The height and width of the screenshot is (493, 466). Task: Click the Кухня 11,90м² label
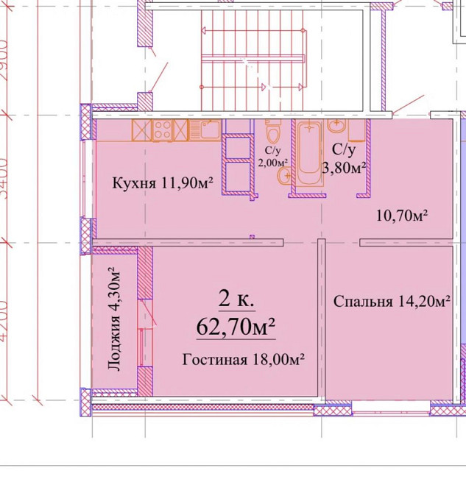click(x=162, y=183)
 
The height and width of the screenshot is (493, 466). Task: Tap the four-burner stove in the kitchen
click(x=180, y=130)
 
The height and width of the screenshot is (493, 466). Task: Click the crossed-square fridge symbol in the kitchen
click(x=141, y=130)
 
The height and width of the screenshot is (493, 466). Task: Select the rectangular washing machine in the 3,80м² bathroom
click(x=357, y=131)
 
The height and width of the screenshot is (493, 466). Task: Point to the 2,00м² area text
click(x=272, y=163)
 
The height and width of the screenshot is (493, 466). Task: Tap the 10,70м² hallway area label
click(x=402, y=216)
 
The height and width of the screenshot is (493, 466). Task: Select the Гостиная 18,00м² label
click(x=242, y=359)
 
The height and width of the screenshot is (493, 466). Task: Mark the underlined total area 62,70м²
click(x=236, y=325)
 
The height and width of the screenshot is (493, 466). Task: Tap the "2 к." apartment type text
click(x=236, y=299)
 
